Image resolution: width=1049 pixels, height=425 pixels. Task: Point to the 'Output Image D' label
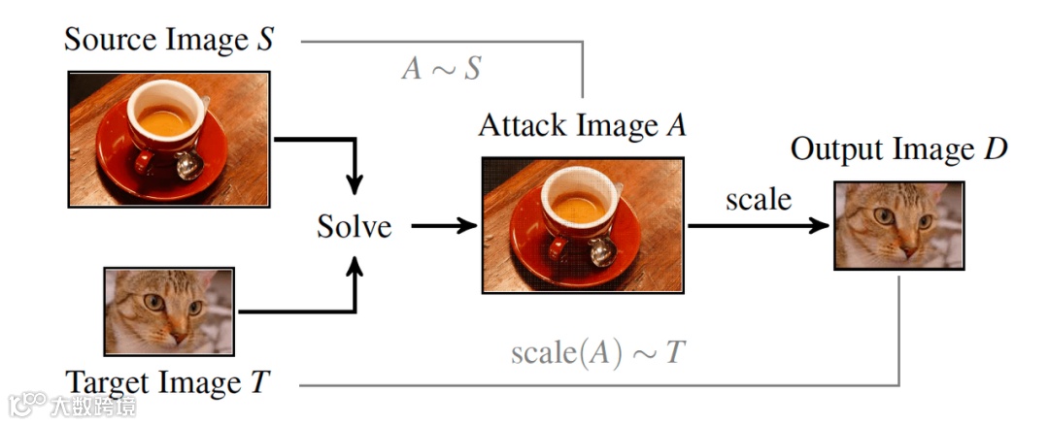(x=898, y=149)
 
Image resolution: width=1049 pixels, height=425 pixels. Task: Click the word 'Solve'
(x=355, y=227)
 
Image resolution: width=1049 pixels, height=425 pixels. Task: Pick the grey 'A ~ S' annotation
(x=441, y=69)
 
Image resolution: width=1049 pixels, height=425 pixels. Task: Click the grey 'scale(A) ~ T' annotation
(x=597, y=352)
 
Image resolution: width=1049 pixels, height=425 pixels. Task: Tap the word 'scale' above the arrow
(x=759, y=200)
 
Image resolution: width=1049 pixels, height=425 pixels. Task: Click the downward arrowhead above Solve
(x=356, y=181)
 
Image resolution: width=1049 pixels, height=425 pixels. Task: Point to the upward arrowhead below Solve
(x=356, y=270)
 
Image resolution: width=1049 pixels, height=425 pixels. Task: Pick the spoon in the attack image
(x=601, y=251)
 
